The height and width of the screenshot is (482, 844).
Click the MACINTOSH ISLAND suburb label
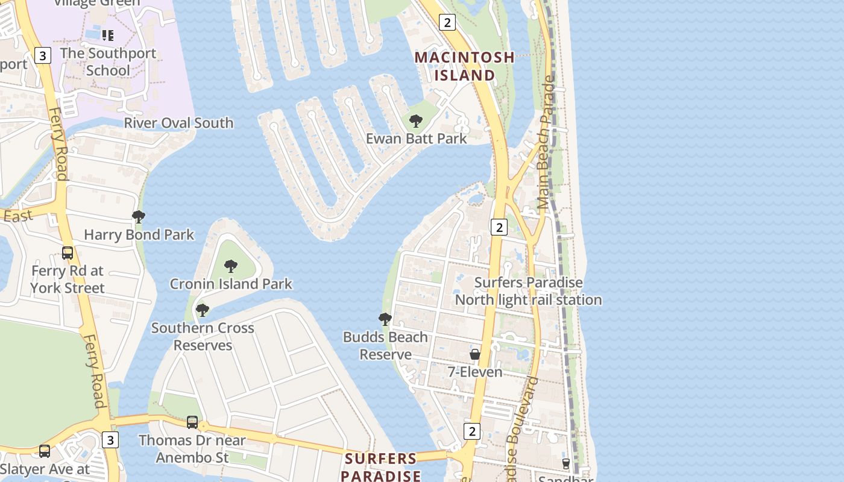464,66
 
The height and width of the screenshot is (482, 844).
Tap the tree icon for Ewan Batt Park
415,120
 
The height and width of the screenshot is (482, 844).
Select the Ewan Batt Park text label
416,139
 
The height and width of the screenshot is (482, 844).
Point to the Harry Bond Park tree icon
139,217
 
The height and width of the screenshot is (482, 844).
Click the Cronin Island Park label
231,284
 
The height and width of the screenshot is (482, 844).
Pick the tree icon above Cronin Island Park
230,266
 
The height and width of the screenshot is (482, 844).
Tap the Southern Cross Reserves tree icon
203,310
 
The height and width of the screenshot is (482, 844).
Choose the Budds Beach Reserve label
385,346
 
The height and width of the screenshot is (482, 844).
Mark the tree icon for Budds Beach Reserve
385,319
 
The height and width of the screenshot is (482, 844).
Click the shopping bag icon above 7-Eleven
475,354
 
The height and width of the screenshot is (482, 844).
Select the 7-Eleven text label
475,372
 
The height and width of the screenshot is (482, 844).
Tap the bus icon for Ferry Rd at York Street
68,253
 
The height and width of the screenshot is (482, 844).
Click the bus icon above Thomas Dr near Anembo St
192,422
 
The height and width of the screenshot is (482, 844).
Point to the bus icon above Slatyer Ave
45,451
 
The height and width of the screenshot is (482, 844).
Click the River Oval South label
178,123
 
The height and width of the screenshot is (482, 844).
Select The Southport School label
108,61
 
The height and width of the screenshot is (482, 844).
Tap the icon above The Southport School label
107,36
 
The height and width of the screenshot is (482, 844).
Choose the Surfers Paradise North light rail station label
528,291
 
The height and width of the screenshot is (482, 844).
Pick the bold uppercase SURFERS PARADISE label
380,467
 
